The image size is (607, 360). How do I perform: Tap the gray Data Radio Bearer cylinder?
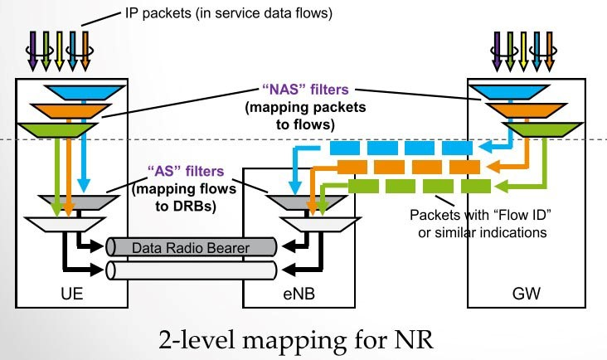tap(192, 246)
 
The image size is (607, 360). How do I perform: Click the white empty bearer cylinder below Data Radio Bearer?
tap(192, 270)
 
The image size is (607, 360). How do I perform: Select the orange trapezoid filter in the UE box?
tap(74, 110)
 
